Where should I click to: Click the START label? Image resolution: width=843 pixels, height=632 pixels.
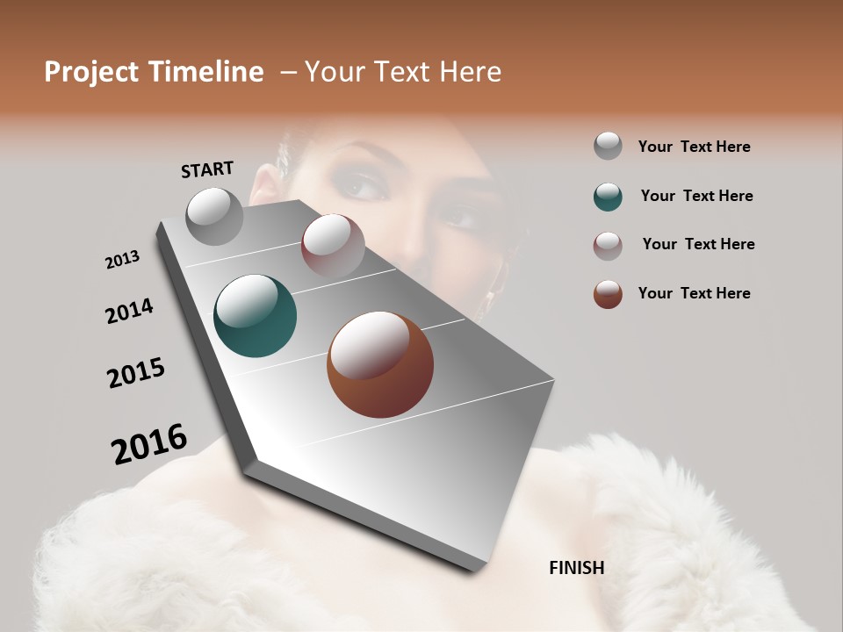click(207, 169)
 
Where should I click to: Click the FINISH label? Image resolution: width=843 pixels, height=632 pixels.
click(576, 568)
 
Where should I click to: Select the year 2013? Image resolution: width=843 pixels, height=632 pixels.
click(122, 260)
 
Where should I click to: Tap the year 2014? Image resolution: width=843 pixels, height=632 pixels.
click(129, 311)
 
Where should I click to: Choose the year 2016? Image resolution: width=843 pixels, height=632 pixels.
click(149, 444)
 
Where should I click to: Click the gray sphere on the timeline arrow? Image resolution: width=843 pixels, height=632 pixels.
click(215, 216)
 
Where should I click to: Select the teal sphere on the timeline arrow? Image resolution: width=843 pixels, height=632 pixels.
click(255, 316)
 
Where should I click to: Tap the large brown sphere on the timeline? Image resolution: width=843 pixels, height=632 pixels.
click(380, 364)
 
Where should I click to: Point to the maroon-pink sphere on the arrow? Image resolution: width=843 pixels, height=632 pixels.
click(333, 245)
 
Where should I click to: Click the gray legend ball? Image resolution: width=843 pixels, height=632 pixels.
click(608, 147)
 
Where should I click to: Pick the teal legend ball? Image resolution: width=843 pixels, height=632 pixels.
click(608, 197)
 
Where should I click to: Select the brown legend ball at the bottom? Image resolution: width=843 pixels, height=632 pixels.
click(608, 294)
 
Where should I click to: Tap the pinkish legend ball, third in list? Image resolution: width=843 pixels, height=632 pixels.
click(608, 246)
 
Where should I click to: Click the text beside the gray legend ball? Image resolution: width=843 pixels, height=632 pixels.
click(694, 147)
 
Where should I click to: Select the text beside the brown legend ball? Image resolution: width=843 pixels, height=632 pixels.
click(694, 293)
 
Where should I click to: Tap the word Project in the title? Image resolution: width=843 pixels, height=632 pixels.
click(92, 72)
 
